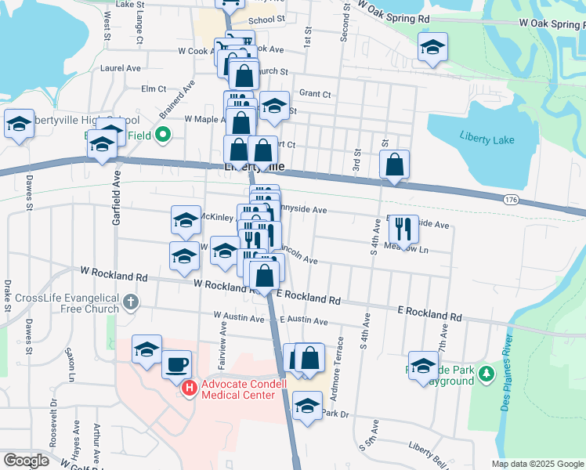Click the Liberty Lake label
click(488, 139)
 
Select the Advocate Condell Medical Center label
click(238, 389)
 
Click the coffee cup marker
click(177, 363)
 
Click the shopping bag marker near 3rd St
click(395, 164)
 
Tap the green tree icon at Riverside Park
click(487, 373)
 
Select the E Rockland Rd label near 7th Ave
click(429, 313)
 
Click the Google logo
click(26, 461)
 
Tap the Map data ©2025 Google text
click(537, 464)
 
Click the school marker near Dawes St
click(19, 123)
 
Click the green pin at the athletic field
click(163, 135)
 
